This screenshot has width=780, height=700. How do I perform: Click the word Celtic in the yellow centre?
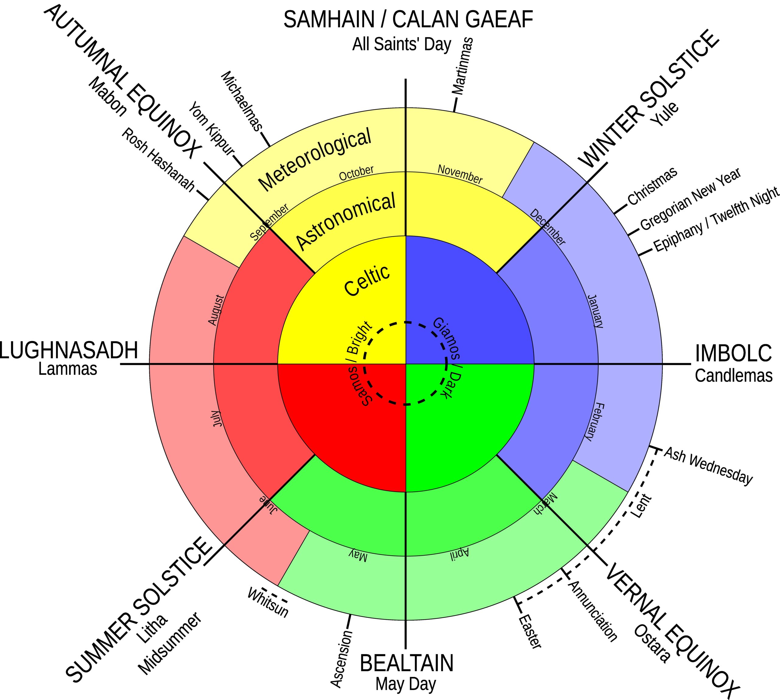click(x=367, y=281)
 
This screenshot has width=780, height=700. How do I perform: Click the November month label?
click(x=460, y=174)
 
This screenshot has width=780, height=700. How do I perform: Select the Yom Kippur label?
click(x=211, y=129)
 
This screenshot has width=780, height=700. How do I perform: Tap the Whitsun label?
click(x=268, y=602)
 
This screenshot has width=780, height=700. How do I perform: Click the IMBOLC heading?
click(x=733, y=353)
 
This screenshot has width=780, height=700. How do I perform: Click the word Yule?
click(x=665, y=114)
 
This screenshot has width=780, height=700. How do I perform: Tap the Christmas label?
click(x=652, y=186)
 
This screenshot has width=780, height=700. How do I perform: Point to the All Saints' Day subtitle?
click(x=401, y=44)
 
